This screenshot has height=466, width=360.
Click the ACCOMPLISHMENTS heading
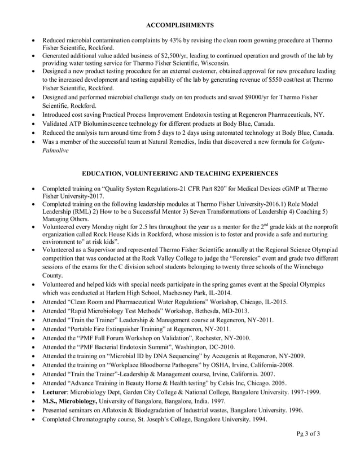point(179,25)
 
